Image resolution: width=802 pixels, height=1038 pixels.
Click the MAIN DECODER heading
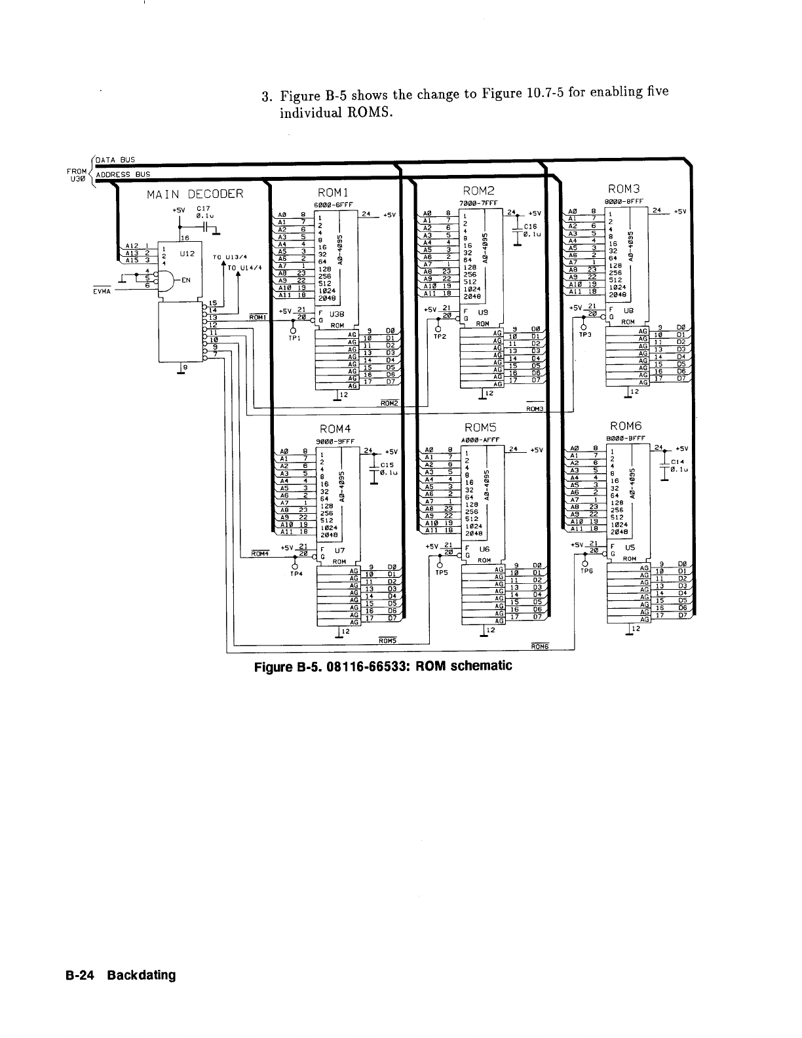[x=195, y=194]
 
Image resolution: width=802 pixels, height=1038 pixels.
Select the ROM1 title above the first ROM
[x=335, y=192]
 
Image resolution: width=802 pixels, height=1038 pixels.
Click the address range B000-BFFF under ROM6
[x=627, y=438]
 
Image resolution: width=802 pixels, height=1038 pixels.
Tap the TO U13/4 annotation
[x=224, y=257]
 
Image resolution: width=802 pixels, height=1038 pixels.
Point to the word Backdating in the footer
[x=142, y=974]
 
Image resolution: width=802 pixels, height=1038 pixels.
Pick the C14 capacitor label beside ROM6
[x=677, y=460]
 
